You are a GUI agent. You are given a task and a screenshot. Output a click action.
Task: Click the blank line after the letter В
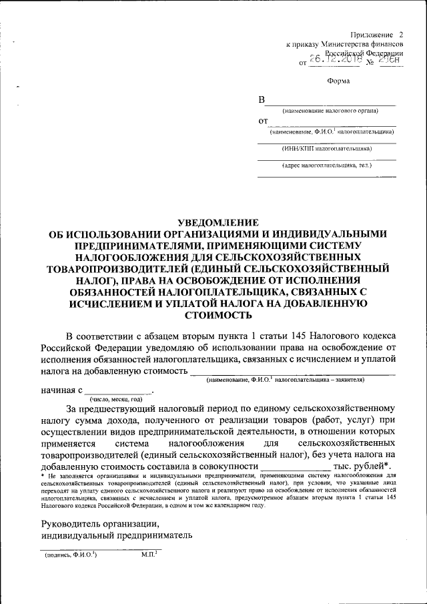pyautogui.click(x=331, y=103)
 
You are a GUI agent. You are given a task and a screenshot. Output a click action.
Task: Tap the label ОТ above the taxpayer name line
pyautogui.click(x=262, y=121)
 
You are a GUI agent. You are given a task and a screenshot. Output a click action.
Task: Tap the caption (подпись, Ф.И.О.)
pyautogui.click(x=71, y=555)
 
